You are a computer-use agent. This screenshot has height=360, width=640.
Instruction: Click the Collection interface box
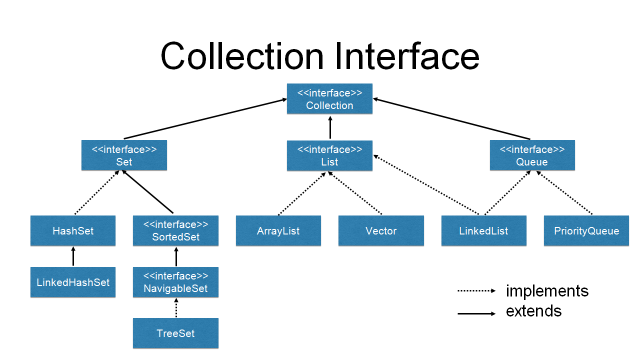pyautogui.click(x=329, y=99)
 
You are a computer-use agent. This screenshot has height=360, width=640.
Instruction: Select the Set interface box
pyautogui.click(x=124, y=155)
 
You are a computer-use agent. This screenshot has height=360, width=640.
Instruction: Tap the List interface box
pyautogui.click(x=329, y=155)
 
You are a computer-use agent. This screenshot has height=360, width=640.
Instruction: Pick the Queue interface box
pyautogui.click(x=532, y=155)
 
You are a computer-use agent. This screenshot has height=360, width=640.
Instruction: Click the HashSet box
pyautogui.click(x=73, y=231)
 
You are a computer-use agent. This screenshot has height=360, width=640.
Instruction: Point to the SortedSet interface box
pyautogui.click(x=175, y=231)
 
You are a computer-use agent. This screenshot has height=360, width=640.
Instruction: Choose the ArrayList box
pyautogui.click(x=278, y=231)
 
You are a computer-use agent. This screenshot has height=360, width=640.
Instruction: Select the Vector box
pyautogui.click(x=381, y=231)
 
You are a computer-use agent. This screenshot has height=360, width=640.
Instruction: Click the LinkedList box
pyautogui.click(x=483, y=231)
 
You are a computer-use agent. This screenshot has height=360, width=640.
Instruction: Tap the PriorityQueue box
pyautogui.click(x=586, y=231)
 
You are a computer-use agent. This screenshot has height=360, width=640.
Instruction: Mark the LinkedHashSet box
pyautogui.click(x=73, y=282)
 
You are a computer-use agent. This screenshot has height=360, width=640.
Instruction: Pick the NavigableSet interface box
pyautogui.click(x=175, y=282)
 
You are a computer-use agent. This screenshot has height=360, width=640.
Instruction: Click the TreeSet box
pyautogui.click(x=175, y=333)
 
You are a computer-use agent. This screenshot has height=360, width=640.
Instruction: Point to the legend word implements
pyautogui.click(x=547, y=291)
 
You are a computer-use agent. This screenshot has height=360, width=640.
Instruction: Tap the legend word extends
pyautogui.click(x=533, y=311)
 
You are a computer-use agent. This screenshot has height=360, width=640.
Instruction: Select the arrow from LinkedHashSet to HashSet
pyautogui.click(x=73, y=256)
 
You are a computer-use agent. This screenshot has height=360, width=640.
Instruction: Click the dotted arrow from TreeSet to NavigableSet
pyautogui.click(x=175, y=307)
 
